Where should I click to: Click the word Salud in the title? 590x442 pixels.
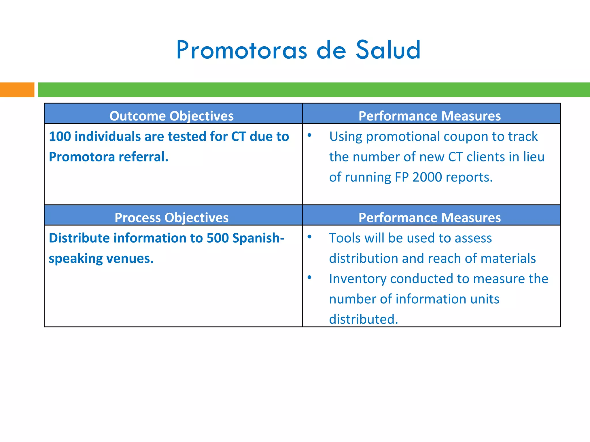coord(388,50)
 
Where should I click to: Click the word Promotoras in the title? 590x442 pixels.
coord(242,51)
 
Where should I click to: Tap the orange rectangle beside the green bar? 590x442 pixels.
coord(17,90)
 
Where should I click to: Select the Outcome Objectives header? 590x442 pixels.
coord(171,116)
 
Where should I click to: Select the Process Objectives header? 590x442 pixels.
coord(171,218)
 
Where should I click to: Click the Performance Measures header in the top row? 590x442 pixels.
coord(430,116)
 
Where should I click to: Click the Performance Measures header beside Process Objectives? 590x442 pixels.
coord(430,218)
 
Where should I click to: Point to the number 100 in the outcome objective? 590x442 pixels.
coord(60,136)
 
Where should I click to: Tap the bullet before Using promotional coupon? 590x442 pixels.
coord(309,135)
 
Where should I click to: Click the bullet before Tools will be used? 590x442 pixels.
coord(309,237)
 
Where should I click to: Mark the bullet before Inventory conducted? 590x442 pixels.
coord(309,277)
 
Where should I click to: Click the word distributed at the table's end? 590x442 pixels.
coord(363,319)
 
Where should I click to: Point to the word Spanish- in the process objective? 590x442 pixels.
coord(258,238)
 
